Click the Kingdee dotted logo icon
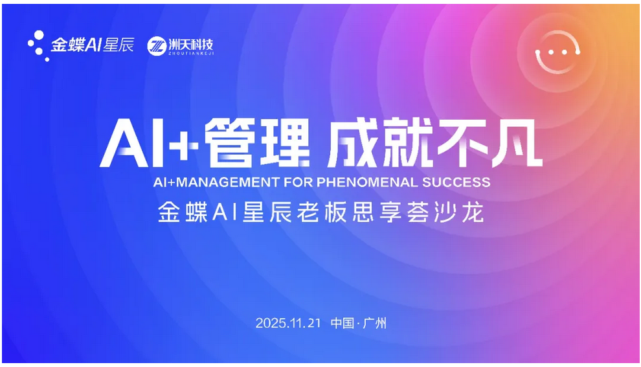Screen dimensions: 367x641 point(38,46)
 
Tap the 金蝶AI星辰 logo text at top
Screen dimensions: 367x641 point(93,46)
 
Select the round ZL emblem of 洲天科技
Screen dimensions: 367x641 point(157,46)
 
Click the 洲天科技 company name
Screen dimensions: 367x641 point(190,45)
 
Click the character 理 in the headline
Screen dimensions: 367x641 point(284,144)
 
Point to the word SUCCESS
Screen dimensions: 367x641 point(456,182)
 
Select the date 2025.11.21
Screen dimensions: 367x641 point(288,322)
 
